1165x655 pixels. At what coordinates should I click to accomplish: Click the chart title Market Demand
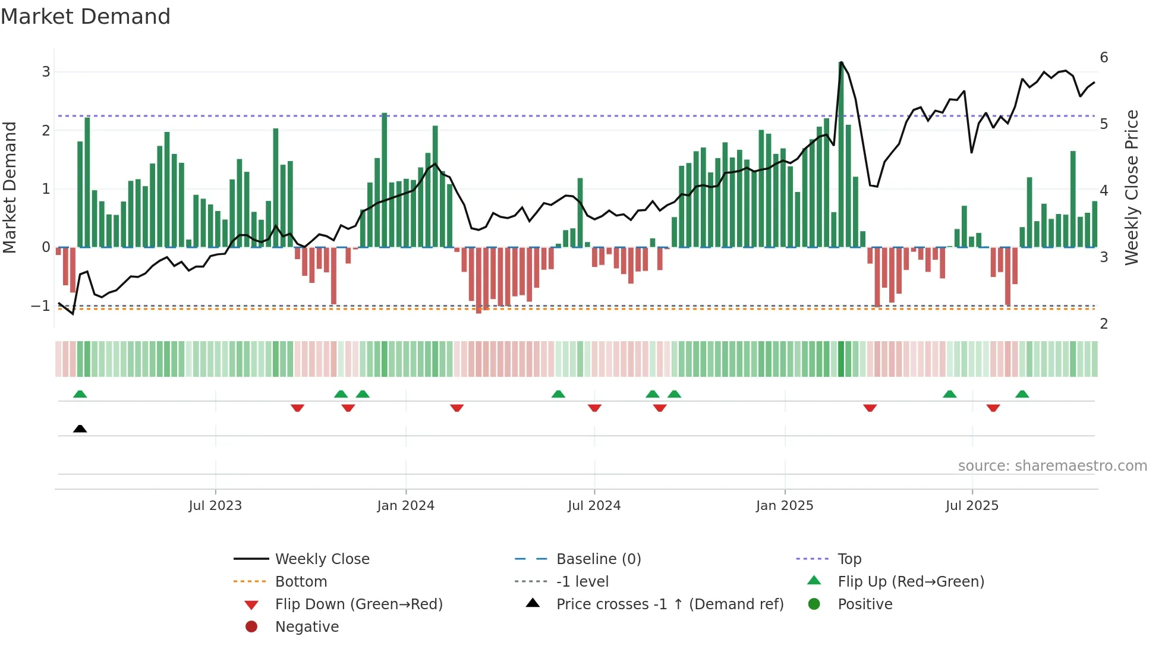point(86,17)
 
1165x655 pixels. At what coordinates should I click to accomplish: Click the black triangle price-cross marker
point(80,429)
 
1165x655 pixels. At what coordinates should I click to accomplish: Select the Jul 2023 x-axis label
point(215,506)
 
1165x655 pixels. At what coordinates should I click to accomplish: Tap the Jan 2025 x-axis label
point(785,506)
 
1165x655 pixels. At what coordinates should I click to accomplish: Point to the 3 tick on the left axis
point(46,72)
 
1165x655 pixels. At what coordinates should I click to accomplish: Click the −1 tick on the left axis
point(40,306)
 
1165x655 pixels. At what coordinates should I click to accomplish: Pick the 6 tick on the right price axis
point(1104,58)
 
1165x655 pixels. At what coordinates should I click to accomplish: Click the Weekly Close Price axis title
point(1132,187)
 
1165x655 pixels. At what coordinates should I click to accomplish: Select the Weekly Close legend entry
point(322,559)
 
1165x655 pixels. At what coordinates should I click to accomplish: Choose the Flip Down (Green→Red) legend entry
point(358,604)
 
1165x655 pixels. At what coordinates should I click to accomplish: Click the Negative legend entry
point(307,627)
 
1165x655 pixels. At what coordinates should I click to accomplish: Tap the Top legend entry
point(849,559)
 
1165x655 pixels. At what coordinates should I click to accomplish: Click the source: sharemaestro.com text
point(1052,466)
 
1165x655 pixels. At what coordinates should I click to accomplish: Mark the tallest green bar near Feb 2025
point(841,155)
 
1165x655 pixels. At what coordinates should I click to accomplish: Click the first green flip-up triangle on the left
point(80,394)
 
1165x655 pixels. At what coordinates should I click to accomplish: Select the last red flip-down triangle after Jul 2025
point(993,408)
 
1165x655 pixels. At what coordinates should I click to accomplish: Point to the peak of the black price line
point(841,62)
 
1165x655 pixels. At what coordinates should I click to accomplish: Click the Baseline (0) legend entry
point(598,559)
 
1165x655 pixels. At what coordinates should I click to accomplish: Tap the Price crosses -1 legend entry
point(669,604)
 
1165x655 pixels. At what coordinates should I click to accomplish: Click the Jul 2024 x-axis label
point(594,506)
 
